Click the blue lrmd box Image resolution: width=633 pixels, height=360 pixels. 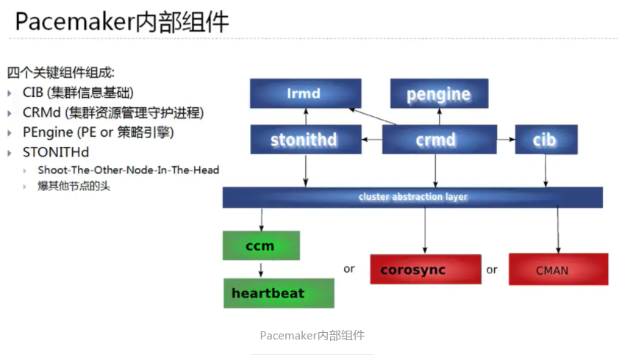pyautogui.click(x=305, y=94)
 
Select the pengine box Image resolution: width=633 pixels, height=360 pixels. pyautogui.click(x=438, y=94)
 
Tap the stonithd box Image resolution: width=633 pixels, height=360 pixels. pyautogui.click(x=304, y=140)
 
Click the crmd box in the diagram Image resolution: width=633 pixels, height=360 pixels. pyautogui.click(x=435, y=140)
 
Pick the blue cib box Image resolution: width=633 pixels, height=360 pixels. pyautogui.click(x=546, y=140)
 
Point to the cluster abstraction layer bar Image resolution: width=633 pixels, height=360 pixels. pyautogui.click(x=412, y=197)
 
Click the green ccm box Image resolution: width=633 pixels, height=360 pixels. pyautogui.click(x=260, y=245)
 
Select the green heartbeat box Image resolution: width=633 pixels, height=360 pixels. pyautogui.click(x=278, y=293)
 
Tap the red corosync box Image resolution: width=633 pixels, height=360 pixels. pyautogui.click(x=425, y=270)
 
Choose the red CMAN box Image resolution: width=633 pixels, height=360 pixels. pyautogui.click(x=558, y=270)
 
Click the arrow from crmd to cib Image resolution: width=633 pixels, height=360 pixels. pyautogui.click(x=506, y=140)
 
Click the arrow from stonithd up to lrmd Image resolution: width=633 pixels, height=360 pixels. pyautogui.click(x=304, y=116)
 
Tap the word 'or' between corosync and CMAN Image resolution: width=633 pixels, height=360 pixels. pyautogui.click(x=492, y=270)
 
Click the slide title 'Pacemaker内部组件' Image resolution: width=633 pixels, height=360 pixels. pyautogui.click(x=122, y=22)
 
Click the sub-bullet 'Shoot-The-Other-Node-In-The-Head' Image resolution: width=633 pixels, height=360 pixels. pyautogui.click(x=129, y=170)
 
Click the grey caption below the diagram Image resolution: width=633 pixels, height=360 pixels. pyautogui.click(x=312, y=335)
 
